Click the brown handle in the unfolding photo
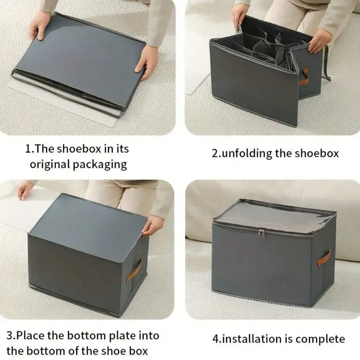tap(303, 77)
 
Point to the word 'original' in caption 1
tap(49, 165)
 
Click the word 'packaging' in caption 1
tap(99, 165)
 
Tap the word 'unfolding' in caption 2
tap(247, 153)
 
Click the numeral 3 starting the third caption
tap(9, 336)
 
